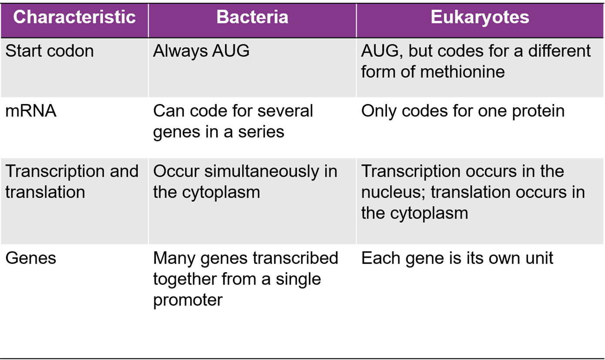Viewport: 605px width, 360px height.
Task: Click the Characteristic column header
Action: click(74, 17)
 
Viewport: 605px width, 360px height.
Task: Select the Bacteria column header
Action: click(252, 17)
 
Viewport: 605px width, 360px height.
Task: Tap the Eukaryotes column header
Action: click(480, 17)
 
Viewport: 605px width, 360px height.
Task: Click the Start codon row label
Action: click(49, 51)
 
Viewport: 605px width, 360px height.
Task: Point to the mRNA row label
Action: click(31, 111)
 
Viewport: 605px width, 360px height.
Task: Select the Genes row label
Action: click(31, 258)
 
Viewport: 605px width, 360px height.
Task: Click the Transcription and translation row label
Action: click(72, 182)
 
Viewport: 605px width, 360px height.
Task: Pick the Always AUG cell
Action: click(201, 51)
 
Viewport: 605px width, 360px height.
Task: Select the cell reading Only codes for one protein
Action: click(463, 111)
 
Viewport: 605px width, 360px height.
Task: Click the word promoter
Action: click(188, 300)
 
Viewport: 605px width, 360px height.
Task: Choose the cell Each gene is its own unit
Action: click(457, 258)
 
